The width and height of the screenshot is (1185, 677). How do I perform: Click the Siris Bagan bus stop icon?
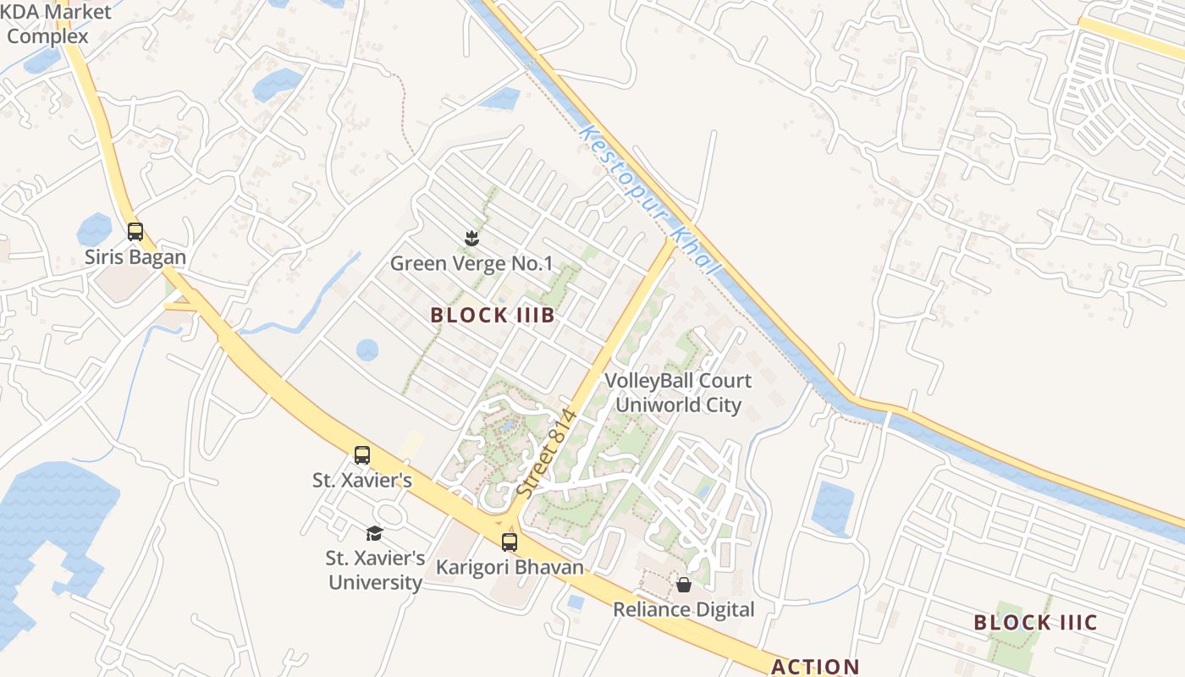[135, 231]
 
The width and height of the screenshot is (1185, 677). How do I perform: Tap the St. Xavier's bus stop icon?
[362, 454]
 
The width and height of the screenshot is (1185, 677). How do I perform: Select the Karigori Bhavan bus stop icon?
[509, 542]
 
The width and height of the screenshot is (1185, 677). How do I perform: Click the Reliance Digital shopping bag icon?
[683, 585]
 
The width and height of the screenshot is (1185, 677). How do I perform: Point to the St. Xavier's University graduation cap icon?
[374, 533]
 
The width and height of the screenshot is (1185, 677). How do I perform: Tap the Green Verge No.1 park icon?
[471, 238]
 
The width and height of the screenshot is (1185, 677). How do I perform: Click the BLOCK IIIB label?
[492, 316]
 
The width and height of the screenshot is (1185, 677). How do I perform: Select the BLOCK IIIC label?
[1035, 623]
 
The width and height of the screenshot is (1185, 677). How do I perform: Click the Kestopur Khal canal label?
[650, 201]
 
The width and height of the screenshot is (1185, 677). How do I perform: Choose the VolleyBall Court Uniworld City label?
[678, 393]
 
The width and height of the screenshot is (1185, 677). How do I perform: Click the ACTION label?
[814, 667]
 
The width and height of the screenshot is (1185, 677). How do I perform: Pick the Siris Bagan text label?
[135, 256]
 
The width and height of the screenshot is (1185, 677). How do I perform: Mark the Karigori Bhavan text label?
[510, 567]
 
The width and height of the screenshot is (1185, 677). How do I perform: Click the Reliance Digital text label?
[683, 609]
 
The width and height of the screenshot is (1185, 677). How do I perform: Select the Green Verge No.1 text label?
[471, 264]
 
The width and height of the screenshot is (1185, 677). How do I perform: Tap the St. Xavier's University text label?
[375, 570]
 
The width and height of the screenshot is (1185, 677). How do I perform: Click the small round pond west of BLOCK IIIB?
[367, 350]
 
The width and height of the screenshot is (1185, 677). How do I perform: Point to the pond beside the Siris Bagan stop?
[94, 229]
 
